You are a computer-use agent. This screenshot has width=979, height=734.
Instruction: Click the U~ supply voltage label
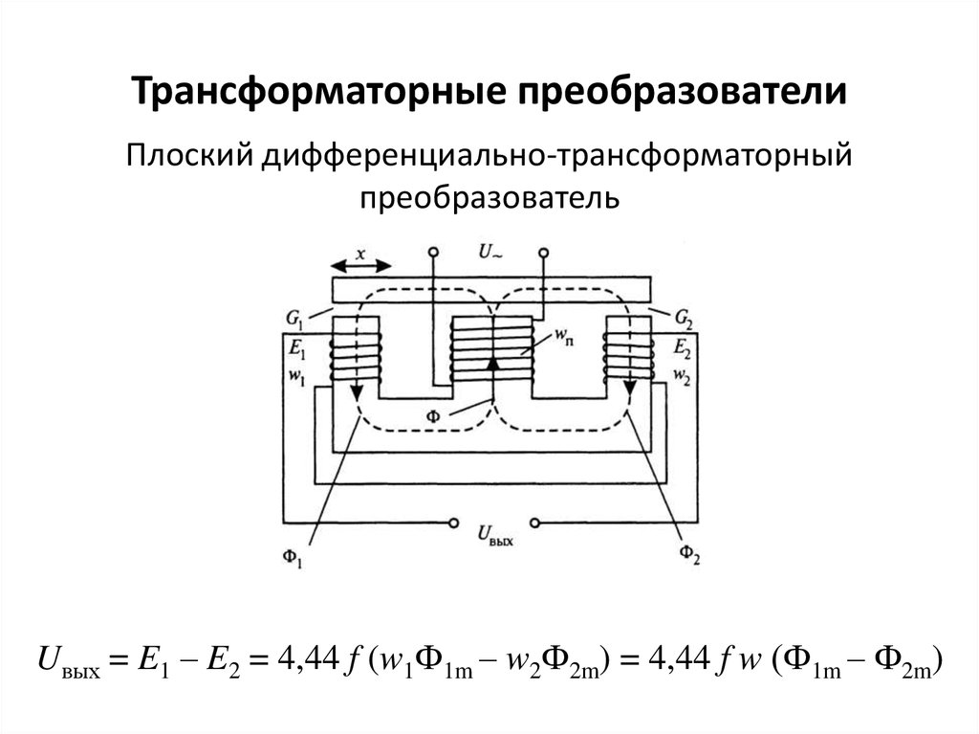click(x=489, y=252)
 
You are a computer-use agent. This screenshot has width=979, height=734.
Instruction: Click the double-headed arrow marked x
click(x=359, y=265)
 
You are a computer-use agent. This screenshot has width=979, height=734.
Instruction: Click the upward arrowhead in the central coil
click(x=492, y=366)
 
